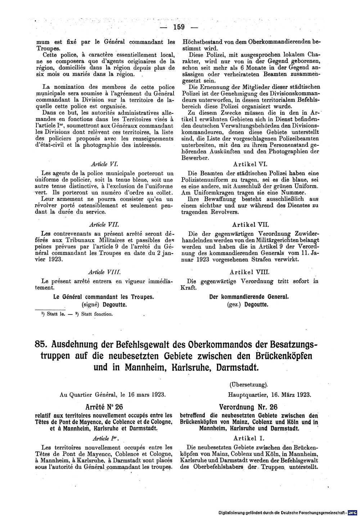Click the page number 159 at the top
pos(178,27)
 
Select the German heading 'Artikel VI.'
pos(250,164)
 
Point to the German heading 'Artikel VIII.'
pos(250,273)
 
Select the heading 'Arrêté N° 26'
pos(104,407)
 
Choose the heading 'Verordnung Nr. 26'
pos(249,407)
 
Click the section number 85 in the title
pos(41,344)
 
